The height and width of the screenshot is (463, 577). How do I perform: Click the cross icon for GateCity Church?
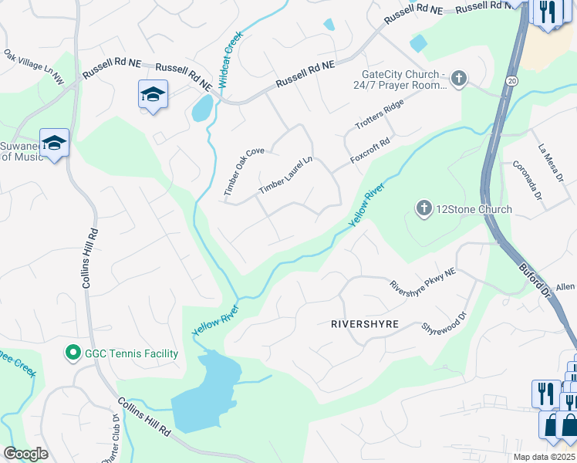point(459,78)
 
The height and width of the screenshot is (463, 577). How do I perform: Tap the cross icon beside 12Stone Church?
point(423,208)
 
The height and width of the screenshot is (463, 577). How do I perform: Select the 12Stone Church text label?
point(474,209)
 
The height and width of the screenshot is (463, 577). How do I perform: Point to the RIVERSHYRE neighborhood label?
point(364,324)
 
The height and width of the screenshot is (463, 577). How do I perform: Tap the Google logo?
point(25,453)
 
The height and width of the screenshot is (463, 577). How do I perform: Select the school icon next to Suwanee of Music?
point(55,143)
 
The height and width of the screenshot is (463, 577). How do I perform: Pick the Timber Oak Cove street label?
point(244,171)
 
